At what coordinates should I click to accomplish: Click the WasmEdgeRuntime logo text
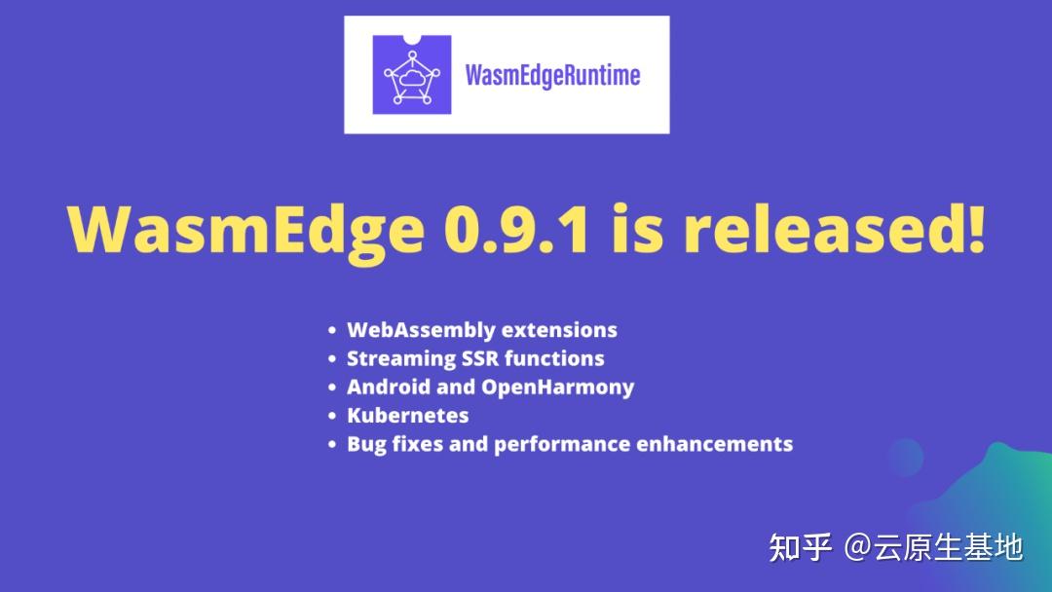click(552, 75)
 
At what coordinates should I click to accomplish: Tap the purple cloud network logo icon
click(412, 75)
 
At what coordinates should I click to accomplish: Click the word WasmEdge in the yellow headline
click(246, 231)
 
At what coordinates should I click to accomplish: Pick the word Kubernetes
click(407, 415)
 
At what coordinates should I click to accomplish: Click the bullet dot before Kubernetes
click(333, 416)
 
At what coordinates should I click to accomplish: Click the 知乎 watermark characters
click(800, 547)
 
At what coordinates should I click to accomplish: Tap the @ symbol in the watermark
click(857, 547)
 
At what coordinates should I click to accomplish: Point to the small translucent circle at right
click(906, 456)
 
